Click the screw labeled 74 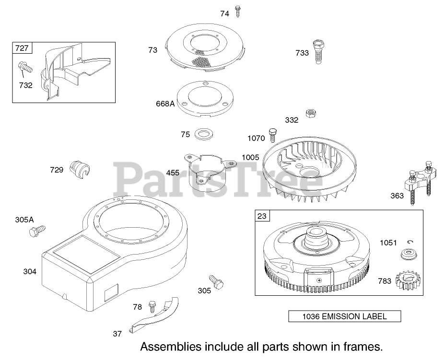pos(238,12)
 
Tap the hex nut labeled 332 pos(309,114)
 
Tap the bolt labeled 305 pos(216,281)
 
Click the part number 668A pos(164,103)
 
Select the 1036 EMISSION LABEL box pos(344,316)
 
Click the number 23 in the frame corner pos(262,216)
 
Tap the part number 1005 pos(250,157)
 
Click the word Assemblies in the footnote pos(170,346)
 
